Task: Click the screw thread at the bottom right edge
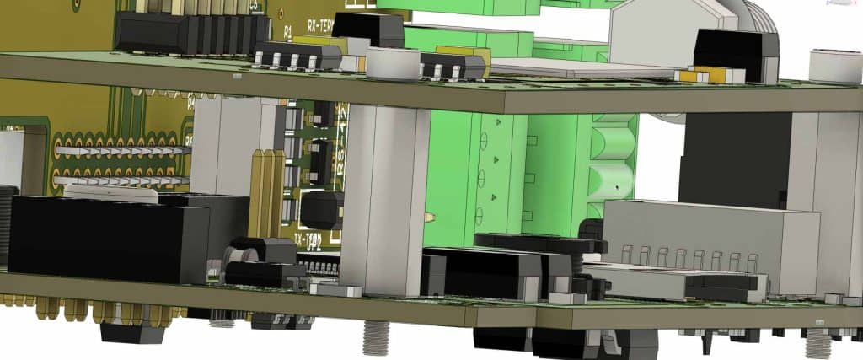click(x=817, y=341)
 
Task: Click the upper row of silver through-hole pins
click(x=118, y=150)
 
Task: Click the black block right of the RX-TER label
click(x=368, y=29)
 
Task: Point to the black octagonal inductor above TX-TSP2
click(x=323, y=208)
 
